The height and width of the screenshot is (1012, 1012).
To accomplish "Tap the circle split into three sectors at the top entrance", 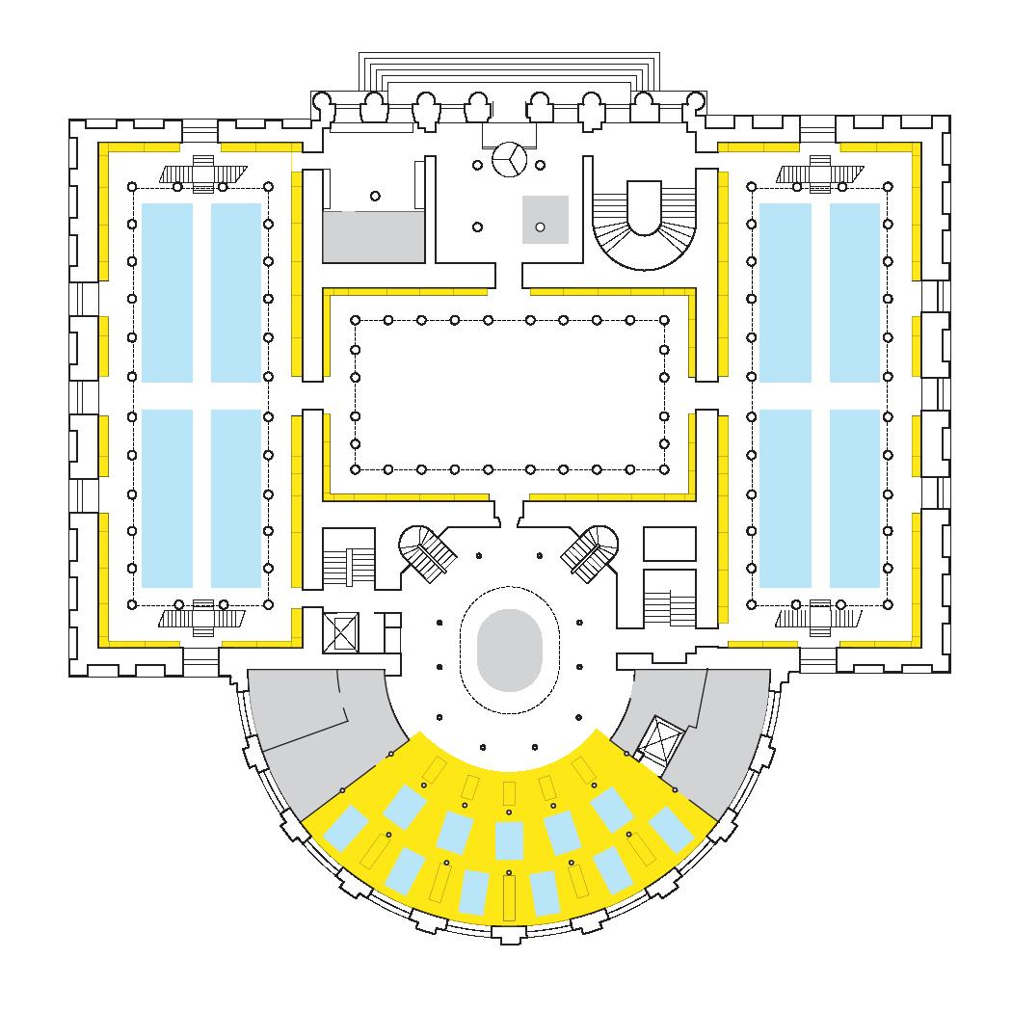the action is [x=509, y=160].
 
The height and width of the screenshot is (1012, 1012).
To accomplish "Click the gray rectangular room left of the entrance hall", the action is [x=374, y=237].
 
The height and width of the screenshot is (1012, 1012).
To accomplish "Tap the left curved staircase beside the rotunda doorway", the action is [x=427, y=553].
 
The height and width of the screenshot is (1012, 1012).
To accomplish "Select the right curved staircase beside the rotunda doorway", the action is [x=590, y=553].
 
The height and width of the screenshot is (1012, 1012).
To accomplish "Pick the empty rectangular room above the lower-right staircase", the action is [x=669, y=544].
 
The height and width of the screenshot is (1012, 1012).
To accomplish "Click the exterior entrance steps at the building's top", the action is [x=509, y=71].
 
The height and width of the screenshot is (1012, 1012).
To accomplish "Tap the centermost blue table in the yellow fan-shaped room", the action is [x=508, y=839].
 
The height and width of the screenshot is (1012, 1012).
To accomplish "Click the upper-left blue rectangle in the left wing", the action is [x=167, y=292].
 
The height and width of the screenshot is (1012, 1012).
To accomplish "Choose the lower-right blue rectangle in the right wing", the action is [x=854, y=498].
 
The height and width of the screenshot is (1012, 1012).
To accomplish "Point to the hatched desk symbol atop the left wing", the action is [x=204, y=173].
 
